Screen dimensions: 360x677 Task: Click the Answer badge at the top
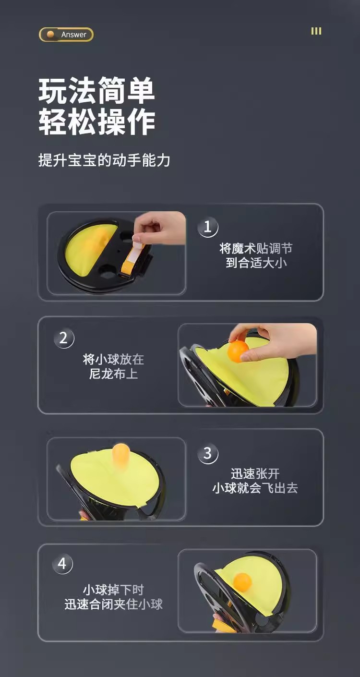(66, 35)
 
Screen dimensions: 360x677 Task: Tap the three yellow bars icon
(316, 31)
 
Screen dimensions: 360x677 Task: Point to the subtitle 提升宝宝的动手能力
(104, 160)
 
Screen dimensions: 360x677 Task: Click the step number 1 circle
(208, 227)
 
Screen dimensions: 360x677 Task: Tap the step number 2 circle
(64, 338)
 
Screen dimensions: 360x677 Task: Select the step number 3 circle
(208, 453)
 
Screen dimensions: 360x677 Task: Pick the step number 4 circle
(62, 564)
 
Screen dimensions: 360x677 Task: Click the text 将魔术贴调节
(256, 248)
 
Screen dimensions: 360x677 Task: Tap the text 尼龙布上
(113, 374)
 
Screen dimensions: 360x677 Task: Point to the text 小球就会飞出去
(255, 488)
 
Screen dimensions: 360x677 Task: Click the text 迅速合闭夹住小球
(114, 604)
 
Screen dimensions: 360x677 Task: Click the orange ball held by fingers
(238, 351)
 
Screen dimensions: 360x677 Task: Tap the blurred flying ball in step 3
(120, 454)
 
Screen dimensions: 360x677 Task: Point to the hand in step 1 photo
(159, 228)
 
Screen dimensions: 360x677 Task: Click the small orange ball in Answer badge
(50, 35)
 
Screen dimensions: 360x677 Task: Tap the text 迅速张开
(255, 473)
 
